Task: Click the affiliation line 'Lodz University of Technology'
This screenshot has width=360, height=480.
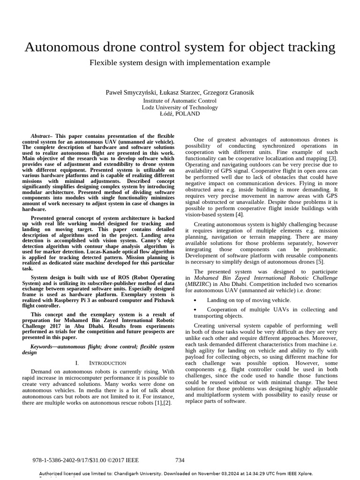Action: click(x=180, y=107)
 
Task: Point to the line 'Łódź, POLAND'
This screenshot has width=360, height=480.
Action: click(x=180, y=114)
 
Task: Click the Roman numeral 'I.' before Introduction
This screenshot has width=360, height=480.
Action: click(x=78, y=363)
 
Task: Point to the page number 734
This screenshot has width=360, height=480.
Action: click(x=180, y=460)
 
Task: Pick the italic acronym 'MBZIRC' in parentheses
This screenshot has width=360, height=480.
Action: click(x=199, y=284)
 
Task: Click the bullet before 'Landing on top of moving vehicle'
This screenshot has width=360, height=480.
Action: click(x=195, y=300)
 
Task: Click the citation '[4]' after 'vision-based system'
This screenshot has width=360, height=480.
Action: click(x=239, y=215)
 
